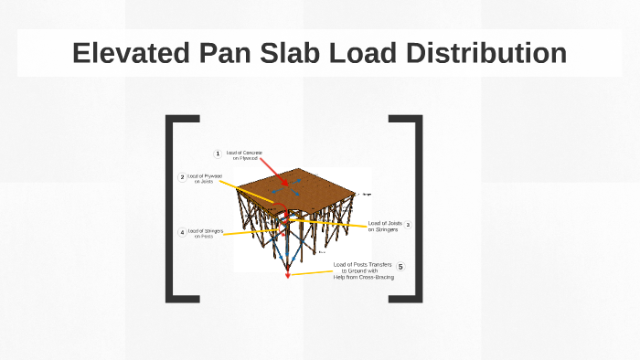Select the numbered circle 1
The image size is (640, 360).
(x=218, y=154)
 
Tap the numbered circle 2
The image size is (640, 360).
(x=182, y=177)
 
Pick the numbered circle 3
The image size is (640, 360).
(x=408, y=225)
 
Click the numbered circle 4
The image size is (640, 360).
(x=182, y=233)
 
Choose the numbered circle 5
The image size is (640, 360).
(x=400, y=267)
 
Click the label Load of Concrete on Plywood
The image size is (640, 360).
(x=244, y=155)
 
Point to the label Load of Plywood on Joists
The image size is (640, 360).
(x=205, y=178)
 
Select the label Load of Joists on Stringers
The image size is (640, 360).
(x=383, y=226)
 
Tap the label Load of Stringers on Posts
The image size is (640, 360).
(x=205, y=233)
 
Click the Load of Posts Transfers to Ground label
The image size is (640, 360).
(x=363, y=270)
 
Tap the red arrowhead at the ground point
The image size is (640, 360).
(x=288, y=273)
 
